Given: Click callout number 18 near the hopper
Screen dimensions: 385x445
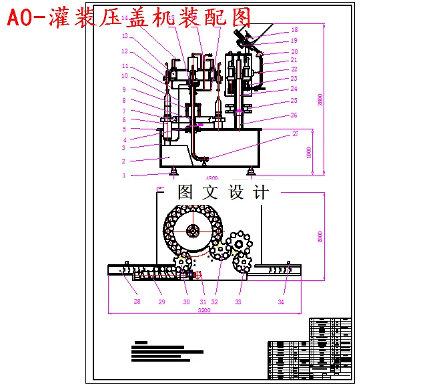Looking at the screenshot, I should click(294, 30).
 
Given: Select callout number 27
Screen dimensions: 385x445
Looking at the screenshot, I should click(296, 134).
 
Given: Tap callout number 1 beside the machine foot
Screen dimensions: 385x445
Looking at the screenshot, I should click(123, 175).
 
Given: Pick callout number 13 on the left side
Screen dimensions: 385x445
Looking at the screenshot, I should click(125, 36).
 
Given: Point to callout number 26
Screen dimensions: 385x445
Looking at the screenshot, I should click(294, 115).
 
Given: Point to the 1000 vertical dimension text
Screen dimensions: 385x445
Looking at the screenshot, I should click(308, 152).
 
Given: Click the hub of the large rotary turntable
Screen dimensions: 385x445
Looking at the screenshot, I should click(193, 231).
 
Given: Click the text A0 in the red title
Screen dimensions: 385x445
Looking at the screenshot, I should click(20, 18).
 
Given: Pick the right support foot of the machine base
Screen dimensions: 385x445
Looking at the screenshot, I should click(250, 172).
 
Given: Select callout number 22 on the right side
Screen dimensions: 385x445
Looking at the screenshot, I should click(294, 69).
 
